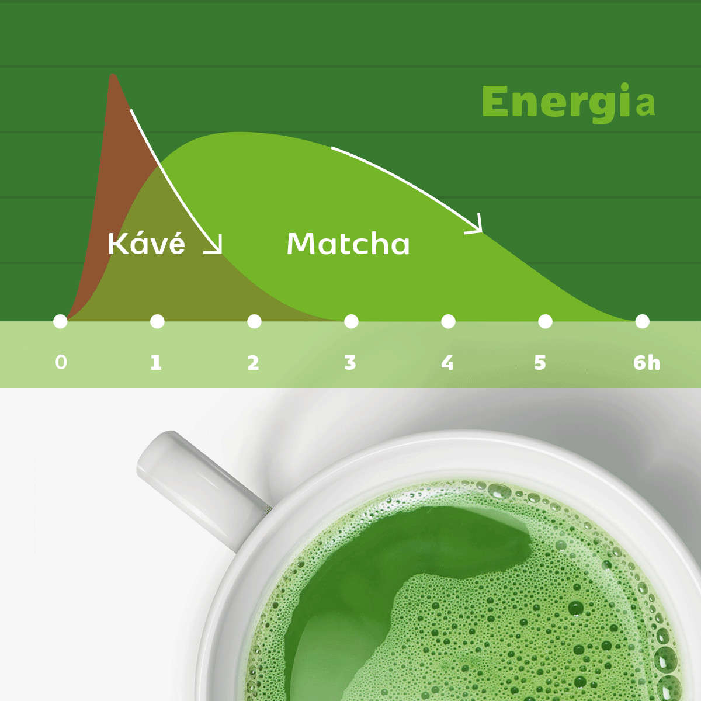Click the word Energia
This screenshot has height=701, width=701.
568,103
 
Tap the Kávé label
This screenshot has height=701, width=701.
146,244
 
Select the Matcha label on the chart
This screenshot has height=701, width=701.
348,244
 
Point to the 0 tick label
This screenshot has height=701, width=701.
61,362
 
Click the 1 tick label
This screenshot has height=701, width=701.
156,362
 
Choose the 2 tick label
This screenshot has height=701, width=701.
253,362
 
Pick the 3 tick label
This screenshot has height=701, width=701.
350,362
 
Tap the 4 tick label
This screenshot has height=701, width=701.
447,362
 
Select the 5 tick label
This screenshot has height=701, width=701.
540,362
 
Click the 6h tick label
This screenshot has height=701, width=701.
647,362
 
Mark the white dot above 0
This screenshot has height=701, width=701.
60,321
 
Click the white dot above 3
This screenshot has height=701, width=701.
351,321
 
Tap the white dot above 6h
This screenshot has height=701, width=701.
642,321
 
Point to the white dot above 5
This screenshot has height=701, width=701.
545,321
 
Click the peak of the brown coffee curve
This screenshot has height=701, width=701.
113,75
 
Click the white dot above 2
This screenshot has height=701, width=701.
254,321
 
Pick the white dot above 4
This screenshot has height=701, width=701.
448,321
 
